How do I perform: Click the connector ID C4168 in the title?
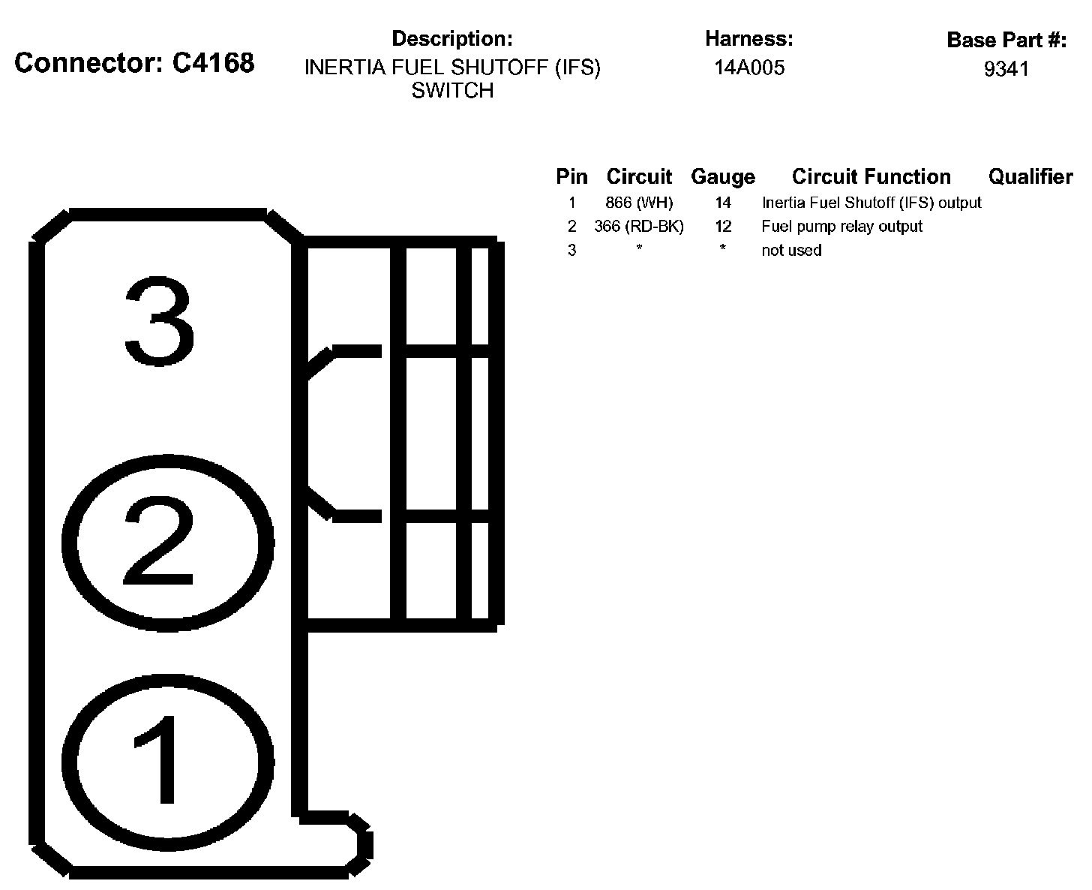[214, 63]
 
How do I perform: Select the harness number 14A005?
[749, 68]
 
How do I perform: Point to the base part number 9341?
[1006, 69]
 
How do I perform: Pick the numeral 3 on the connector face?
[159, 322]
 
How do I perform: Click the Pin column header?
[571, 177]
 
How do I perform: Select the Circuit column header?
[639, 177]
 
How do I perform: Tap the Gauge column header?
[723, 177]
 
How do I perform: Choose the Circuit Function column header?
[871, 177]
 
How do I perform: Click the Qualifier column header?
[1030, 177]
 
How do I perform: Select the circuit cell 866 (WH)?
[639, 203]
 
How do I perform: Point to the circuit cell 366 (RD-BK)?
[639, 227]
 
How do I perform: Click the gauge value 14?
[723, 203]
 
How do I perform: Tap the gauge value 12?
[723, 227]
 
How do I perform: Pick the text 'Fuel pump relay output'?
[841, 227]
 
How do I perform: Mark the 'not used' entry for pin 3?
[791, 251]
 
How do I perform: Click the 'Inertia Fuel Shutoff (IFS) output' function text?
[871, 203]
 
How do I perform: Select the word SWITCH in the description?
[452, 91]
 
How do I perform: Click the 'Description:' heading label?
[452, 39]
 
